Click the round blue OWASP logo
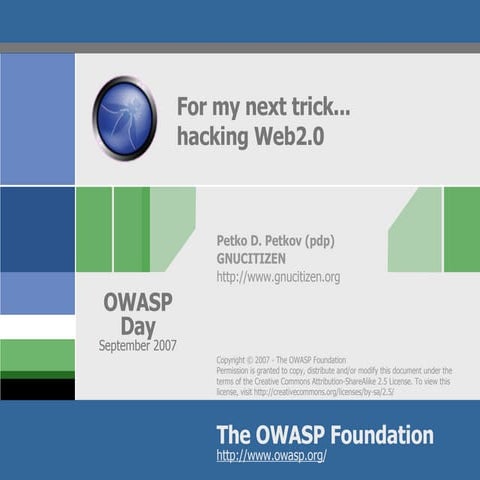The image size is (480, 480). (x=124, y=118)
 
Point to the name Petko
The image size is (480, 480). (x=237, y=241)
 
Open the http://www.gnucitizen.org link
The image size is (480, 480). (x=278, y=276)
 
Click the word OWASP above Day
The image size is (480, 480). (x=138, y=303)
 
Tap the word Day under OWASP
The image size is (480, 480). (x=138, y=326)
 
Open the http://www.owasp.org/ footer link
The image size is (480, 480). (x=271, y=456)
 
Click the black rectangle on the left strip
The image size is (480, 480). (x=37, y=389)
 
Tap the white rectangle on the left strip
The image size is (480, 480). (x=37, y=327)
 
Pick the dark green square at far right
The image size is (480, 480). (x=461, y=229)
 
